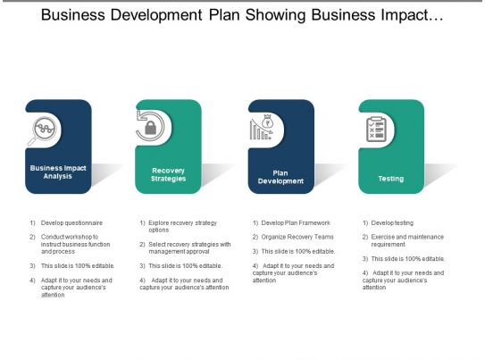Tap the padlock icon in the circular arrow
(x=151, y=128)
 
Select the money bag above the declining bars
(x=268, y=121)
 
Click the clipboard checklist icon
(x=376, y=130)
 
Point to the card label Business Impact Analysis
(x=58, y=172)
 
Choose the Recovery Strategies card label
(x=168, y=174)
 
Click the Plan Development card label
(x=280, y=177)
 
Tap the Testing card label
(x=391, y=179)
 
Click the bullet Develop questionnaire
(x=71, y=222)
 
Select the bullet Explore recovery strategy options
(x=182, y=226)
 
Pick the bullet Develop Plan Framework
(x=296, y=222)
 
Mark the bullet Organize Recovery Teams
(x=297, y=237)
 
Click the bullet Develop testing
(x=392, y=222)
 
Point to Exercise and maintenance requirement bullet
(x=407, y=240)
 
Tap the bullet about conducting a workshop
(x=75, y=244)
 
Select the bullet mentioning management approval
(x=189, y=247)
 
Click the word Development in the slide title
(x=156, y=15)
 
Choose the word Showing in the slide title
(x=276, y=15)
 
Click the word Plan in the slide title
(x=224, y=15)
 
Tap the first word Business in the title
(x=73, y=15)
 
